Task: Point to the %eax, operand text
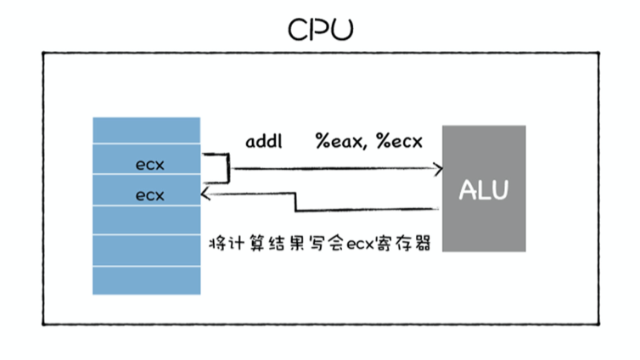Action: tap(342, 142)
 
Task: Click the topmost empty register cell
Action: tap(147, 131)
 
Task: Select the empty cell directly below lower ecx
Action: tap(147, 221)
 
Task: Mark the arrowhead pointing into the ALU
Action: tap(439, 168)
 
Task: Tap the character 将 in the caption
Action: tap(216, 245)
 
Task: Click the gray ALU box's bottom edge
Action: tap(484, 251)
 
